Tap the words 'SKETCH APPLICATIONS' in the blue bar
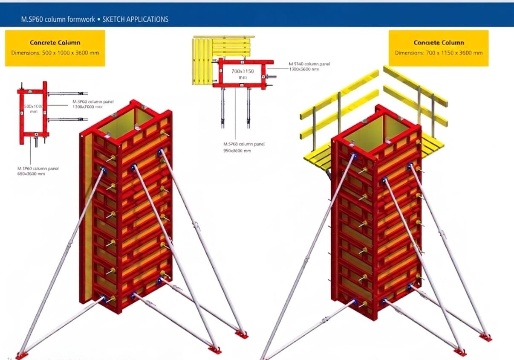click(x=136, y=19)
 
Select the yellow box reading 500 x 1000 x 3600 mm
click(x=55, y=48)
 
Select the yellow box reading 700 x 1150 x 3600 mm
click(x=439, y=48)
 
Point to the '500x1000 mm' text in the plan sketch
click(x=32, y=108)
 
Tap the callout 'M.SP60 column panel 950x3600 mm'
click(x=243, y=147)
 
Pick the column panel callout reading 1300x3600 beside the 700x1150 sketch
click(x=309, y=66)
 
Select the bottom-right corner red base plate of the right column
click(x=485, y=337)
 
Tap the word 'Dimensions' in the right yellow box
click(x=408, y=53)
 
